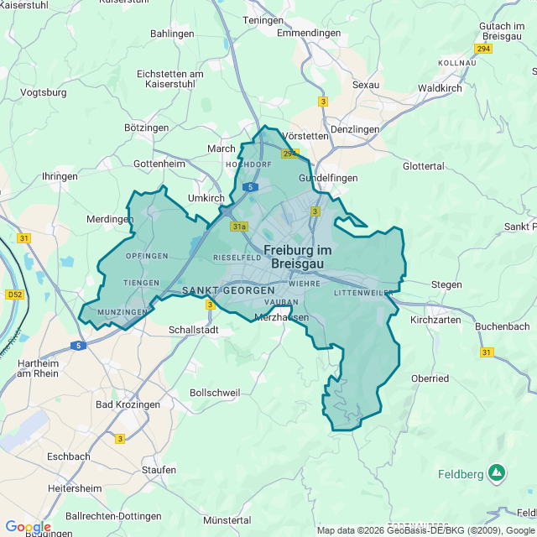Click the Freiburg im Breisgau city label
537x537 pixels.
tap(298, 256)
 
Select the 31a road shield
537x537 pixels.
tap(240, 227)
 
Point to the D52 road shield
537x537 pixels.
tap(15, 295)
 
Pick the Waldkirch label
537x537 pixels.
tap(441, 87)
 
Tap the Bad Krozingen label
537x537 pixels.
tap(128, 404)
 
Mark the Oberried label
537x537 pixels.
tap(430, 378)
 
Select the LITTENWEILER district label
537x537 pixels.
tap(363, 293)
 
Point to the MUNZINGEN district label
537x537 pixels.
tap(123, 311)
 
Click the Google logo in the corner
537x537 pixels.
tap(27, 526)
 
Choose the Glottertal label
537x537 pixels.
tap(423, 166)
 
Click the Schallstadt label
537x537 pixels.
tap(194, 331)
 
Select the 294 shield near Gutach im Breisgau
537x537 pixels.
tap(482, 49)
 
